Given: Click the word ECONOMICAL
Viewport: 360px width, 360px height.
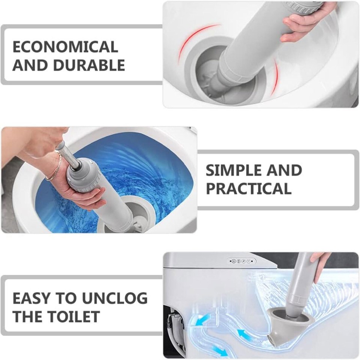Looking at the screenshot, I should (65, 47).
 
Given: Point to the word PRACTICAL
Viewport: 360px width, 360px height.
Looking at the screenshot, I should (248, 189).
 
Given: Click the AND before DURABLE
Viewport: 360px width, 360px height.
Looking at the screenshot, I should (30, 65).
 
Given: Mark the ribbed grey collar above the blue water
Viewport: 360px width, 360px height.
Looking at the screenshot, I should (84, 176).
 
